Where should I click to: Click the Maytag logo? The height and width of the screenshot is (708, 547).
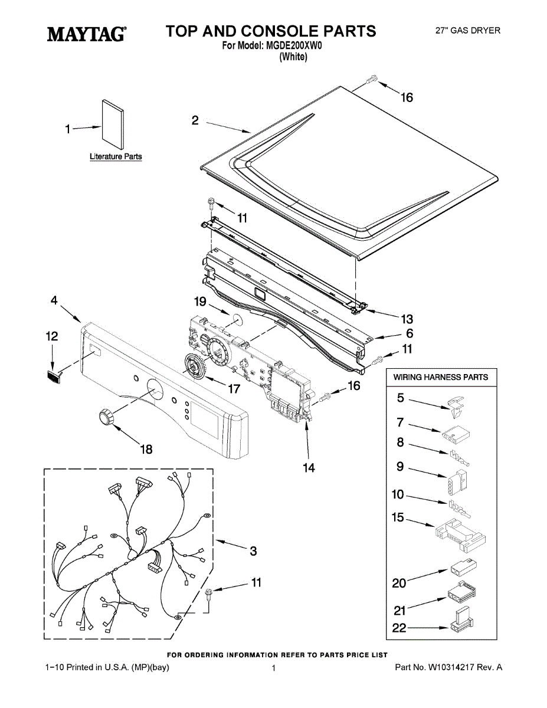click(86, 34)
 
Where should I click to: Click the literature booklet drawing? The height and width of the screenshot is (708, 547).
click(113, 126)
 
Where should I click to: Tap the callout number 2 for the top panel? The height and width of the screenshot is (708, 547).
click(195, 120)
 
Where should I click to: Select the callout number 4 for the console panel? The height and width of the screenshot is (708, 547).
click(54, 300)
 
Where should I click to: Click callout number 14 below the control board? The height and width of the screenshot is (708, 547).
click(309, 468)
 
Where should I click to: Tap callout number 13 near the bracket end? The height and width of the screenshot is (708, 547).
click(407, 319)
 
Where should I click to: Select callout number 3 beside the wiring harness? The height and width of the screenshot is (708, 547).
click(253, 551)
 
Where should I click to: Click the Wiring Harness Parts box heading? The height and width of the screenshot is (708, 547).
click(441, 377)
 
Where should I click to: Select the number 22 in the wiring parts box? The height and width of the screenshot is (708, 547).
click(400, 628)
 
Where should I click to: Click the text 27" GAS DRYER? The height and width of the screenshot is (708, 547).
click(467, 31)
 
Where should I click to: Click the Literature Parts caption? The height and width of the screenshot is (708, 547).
click(116, 157)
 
